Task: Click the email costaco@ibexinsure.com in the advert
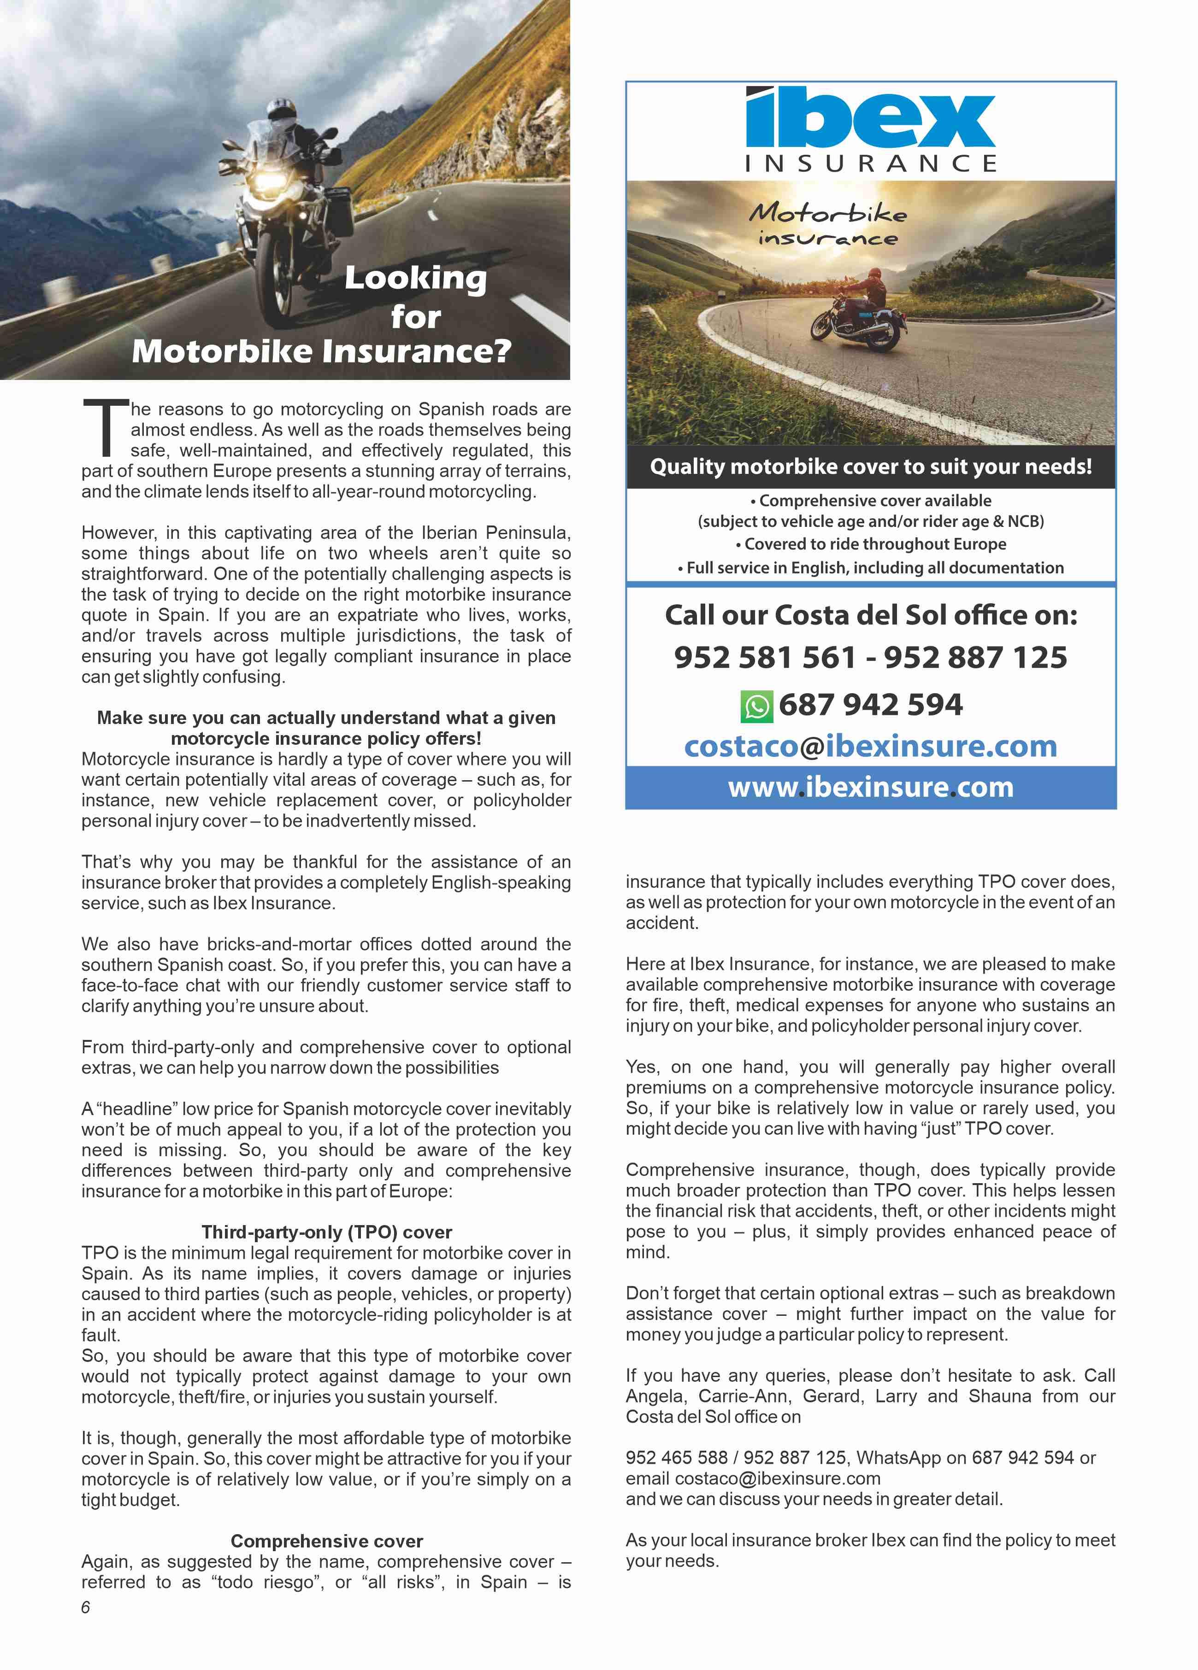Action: pos(870,746)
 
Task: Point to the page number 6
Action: pos(85,1607)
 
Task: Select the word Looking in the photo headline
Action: pos(415,278)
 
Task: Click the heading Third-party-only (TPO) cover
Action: pos(326,1232)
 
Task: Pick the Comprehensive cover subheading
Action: pos(326,1541)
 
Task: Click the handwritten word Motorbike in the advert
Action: pos(827,214)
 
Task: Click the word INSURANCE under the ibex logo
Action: pos(870,163)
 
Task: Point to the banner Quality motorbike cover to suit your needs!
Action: pos(870,466)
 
